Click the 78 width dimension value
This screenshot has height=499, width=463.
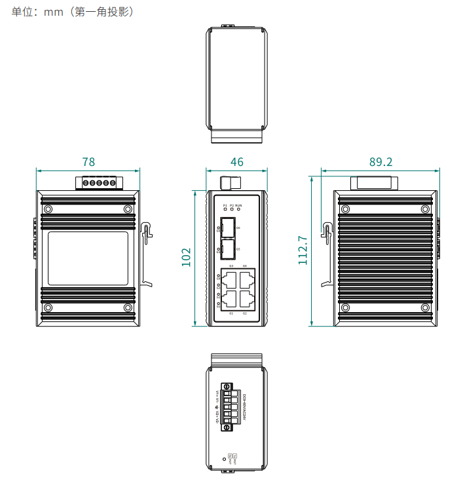(x=88, y=162)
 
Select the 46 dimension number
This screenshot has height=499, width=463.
(x=237, y=162)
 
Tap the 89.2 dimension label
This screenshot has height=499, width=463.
(x=380, y=162)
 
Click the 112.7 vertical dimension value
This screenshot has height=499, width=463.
(x=303, y=250)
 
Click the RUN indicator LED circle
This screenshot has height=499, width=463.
(x=238, y=210)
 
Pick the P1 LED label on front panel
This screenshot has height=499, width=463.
(x=225, y=205)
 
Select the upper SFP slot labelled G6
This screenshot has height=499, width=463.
(x=228, y=229)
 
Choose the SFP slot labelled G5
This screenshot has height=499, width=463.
(x=228, y=249)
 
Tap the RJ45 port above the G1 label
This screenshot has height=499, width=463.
(x=230, y=300)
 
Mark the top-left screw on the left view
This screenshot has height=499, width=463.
(x=48, y=209)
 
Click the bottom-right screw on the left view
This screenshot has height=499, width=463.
(x=128, y=308)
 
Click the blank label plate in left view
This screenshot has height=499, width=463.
(x=87, y=258)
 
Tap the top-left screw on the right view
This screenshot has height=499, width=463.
(x=344, y=209)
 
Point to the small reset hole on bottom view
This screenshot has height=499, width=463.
(x=225, y=460)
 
